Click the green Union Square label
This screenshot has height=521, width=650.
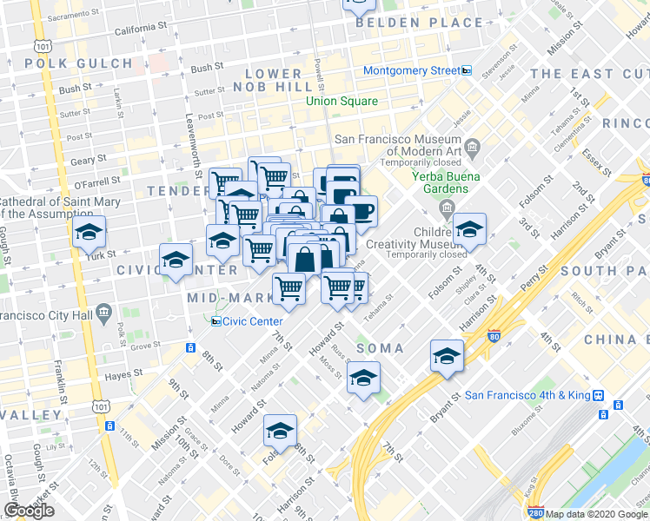(342, 102)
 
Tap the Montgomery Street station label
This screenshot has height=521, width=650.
(411, 70)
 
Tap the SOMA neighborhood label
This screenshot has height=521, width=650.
(380, 348)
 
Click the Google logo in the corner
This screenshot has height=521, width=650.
(29, 511)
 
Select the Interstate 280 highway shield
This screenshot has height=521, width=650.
(536, 514)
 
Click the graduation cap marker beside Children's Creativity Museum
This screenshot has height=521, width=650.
(469, 230)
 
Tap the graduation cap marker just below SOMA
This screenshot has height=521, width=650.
(363, 378)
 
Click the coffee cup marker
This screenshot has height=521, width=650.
(361, 210)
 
